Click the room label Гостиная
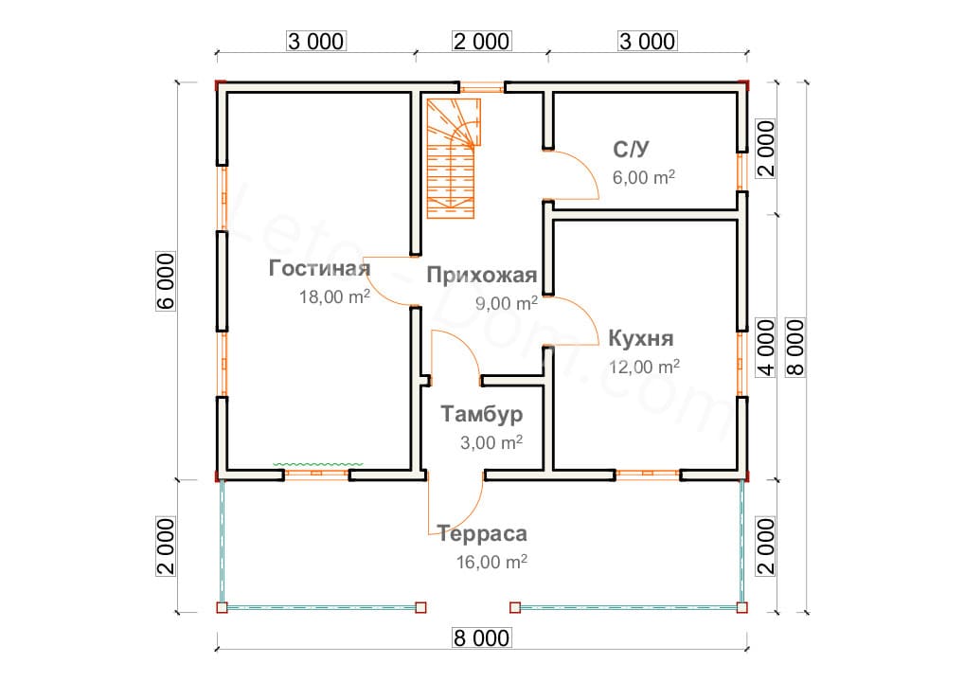pos(320,269)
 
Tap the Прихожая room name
pos(482,275)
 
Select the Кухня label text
pos(641,338)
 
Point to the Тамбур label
pos(481,415)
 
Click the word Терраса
pos(482,533)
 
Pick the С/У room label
pos(631,149)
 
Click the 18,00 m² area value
pos(334,296)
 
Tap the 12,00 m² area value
pos(644,367)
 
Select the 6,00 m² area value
pos(644,177)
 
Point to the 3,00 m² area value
pos(491,442)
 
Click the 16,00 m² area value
pos(491,562)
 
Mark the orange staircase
pos(454,159)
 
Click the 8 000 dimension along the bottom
pos(481,637)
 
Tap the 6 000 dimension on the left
pos(166,281)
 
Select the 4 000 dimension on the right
pos(766,347)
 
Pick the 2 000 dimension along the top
pos(481,41)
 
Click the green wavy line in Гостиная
pos(318,464)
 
